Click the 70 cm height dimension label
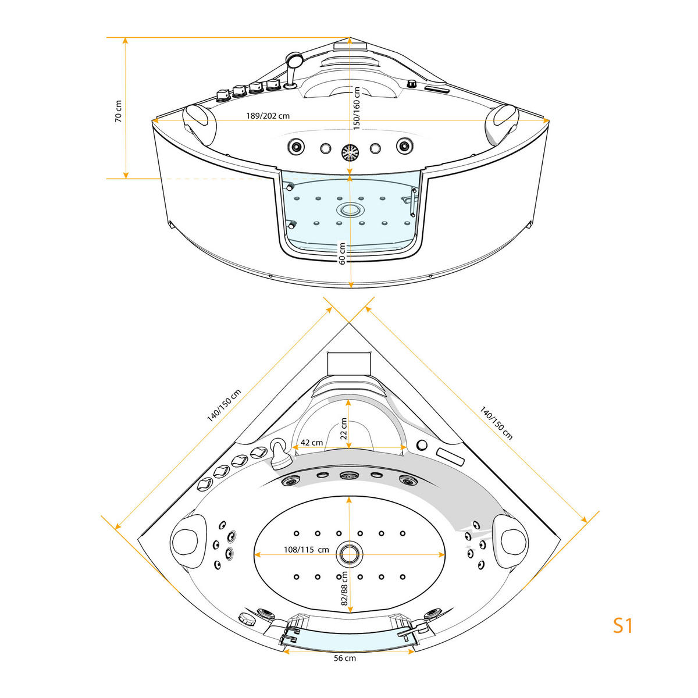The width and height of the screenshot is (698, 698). point(119,111)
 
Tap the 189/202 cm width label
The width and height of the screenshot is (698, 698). point(268,116)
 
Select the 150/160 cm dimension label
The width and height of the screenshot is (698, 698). point(357,108)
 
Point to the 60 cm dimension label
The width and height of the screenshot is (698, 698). point(343,254)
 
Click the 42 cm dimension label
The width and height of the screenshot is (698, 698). point(311,443)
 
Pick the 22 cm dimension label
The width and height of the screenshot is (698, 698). point(344,429)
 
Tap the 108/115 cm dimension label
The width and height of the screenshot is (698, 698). point(306,550)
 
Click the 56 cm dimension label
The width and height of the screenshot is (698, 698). point(345,658)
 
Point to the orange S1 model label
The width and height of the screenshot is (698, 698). point(622,626)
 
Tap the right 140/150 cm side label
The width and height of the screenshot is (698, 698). point(496,423)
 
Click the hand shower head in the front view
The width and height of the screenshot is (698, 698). point(294,59)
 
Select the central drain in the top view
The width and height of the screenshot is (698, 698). point(350,553)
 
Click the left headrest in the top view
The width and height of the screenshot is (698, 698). point(187,539)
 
